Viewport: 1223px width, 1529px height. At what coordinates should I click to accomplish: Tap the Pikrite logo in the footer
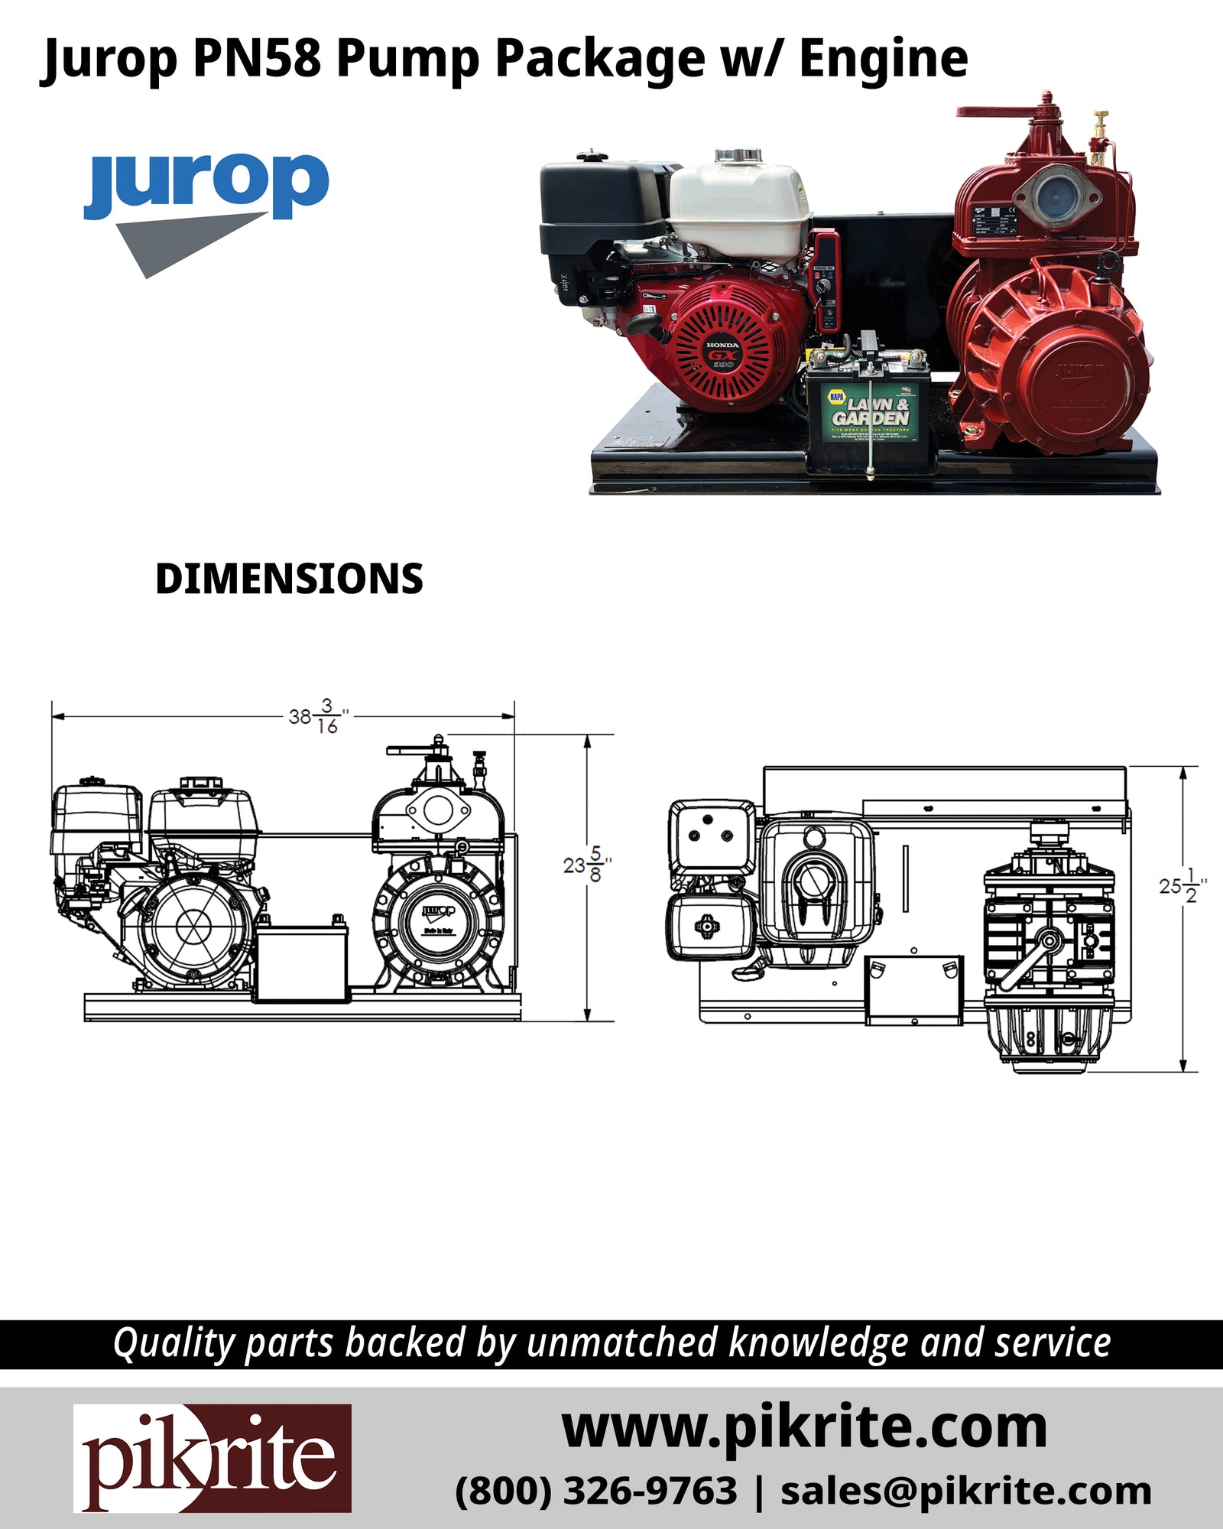coord(212,1458)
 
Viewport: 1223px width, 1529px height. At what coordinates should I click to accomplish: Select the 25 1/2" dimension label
coord(1182,885)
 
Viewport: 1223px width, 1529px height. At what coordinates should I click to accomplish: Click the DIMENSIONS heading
coord(289,579)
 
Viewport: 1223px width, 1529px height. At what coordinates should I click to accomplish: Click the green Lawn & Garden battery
coord(870,413)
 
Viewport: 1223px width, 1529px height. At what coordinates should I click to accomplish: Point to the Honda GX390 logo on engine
coord(722,355)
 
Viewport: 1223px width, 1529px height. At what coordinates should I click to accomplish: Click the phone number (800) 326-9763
coord(596,1492)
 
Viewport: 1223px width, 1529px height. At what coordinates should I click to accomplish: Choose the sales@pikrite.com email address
coord(965,1492)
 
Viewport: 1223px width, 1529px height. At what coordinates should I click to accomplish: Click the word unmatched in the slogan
coord(623,1343)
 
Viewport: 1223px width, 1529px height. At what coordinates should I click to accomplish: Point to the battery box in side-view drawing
coord(303,962)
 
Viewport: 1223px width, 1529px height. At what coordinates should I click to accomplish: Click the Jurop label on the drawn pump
coord(438,911)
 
